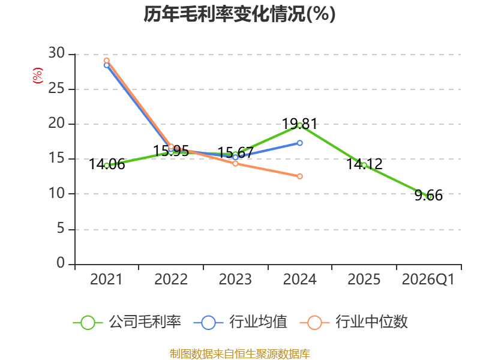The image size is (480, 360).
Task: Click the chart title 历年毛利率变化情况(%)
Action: point(239,14)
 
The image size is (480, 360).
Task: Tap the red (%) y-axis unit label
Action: point(38,76)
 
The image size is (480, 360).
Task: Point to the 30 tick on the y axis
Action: point(56,53)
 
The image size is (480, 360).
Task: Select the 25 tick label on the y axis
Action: point(56,88)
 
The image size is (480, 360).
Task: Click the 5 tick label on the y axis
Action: point(61,229)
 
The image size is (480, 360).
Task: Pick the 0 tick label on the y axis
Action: point(61,263)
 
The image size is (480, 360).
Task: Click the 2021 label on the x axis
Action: point(106,279)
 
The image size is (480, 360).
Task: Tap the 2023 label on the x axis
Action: point(235,279)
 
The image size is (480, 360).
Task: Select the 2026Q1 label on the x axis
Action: point(428,279)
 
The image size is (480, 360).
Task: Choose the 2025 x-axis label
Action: point(364,279)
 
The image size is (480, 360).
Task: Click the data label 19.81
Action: point(299,124)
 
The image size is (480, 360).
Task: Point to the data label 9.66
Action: point(428,196)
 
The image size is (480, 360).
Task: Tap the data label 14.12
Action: point(364,164)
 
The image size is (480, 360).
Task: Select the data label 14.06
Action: point(107,164)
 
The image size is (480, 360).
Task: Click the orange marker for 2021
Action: point(107,61)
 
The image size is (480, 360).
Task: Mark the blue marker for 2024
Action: point(299,143)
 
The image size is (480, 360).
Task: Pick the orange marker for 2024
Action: point(299,176)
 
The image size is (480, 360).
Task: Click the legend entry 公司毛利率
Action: point(127,322)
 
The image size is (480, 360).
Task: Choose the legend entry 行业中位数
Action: point(353,322)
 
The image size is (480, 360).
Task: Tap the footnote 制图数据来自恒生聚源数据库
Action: point(240,354)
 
